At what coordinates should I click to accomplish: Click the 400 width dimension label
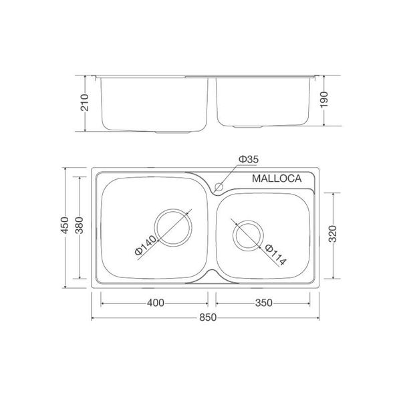(x=154, y=303)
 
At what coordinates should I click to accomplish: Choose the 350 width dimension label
(x=263, y=303)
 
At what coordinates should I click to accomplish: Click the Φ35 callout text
(x=248, y=160)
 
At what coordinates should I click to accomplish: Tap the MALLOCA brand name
(x=277, y=178)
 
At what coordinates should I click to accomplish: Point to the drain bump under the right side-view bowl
(x=248, y=126)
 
